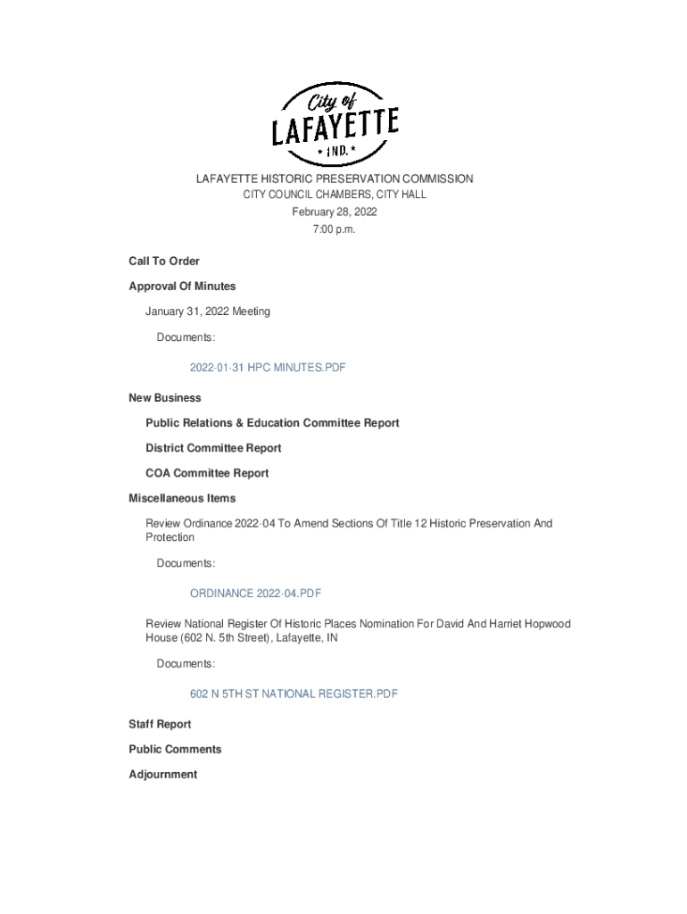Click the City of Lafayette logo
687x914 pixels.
coord(335,124)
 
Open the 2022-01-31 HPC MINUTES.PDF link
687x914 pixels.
coord(267,368)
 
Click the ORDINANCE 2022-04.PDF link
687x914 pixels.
coord(255,594)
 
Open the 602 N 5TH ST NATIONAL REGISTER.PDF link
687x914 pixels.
coord(294,694)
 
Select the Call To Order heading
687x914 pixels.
coord(164,262)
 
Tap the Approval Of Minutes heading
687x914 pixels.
coord(182,287)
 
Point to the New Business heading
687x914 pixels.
coord(165,398)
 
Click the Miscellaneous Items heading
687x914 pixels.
coord(182,498)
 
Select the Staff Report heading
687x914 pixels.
coord(160,724)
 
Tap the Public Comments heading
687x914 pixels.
coord(175,749)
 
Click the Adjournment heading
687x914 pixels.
coord(162,775)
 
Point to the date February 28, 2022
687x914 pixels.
coord(335,212)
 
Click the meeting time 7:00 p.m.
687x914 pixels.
coord(335,229)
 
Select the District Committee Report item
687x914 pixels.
coord(213,448)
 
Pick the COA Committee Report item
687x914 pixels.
coord(207,473)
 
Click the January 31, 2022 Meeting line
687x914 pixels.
coord(208,312)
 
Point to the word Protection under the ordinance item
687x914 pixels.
coord(170,537)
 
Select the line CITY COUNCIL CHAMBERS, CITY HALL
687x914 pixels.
coord(335,195)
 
